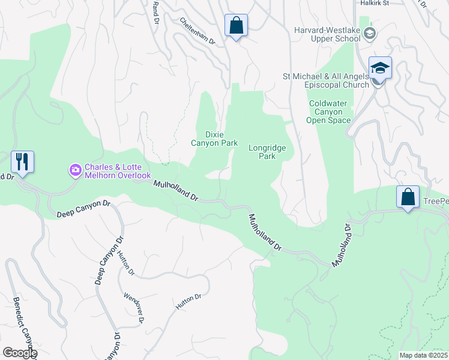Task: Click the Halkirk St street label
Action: click(375, 3)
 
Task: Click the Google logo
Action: click(19, 353)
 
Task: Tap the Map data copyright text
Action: click(424, 355)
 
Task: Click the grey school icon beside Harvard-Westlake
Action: click(370, 34)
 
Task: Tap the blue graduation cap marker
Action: click(380, 68)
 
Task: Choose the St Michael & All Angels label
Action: click(325, 80)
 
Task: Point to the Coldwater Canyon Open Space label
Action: click(328, 112)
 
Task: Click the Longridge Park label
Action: click(267, 152)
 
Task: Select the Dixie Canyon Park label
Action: click(214, 139)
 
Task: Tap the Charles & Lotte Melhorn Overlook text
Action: click(117, 171)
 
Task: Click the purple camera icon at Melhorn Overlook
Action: click(76, 171)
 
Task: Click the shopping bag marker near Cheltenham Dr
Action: click(236, 26)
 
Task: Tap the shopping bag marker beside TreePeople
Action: click(408, 197)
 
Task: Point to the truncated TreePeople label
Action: click(435, 201)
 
